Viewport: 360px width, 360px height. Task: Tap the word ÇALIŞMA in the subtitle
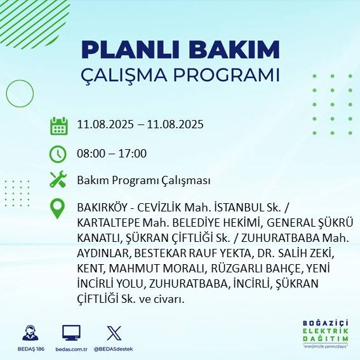pos(130,74)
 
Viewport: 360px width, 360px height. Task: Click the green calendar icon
pos(59,125)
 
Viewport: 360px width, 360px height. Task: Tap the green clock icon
pos(58,154)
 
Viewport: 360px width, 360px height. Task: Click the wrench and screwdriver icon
pos(58,180)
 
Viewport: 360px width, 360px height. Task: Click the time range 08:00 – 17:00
pos(112,154)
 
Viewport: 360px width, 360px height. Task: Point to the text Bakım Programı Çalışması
pos(143,180)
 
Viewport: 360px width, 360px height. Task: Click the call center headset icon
pos(29,333)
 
